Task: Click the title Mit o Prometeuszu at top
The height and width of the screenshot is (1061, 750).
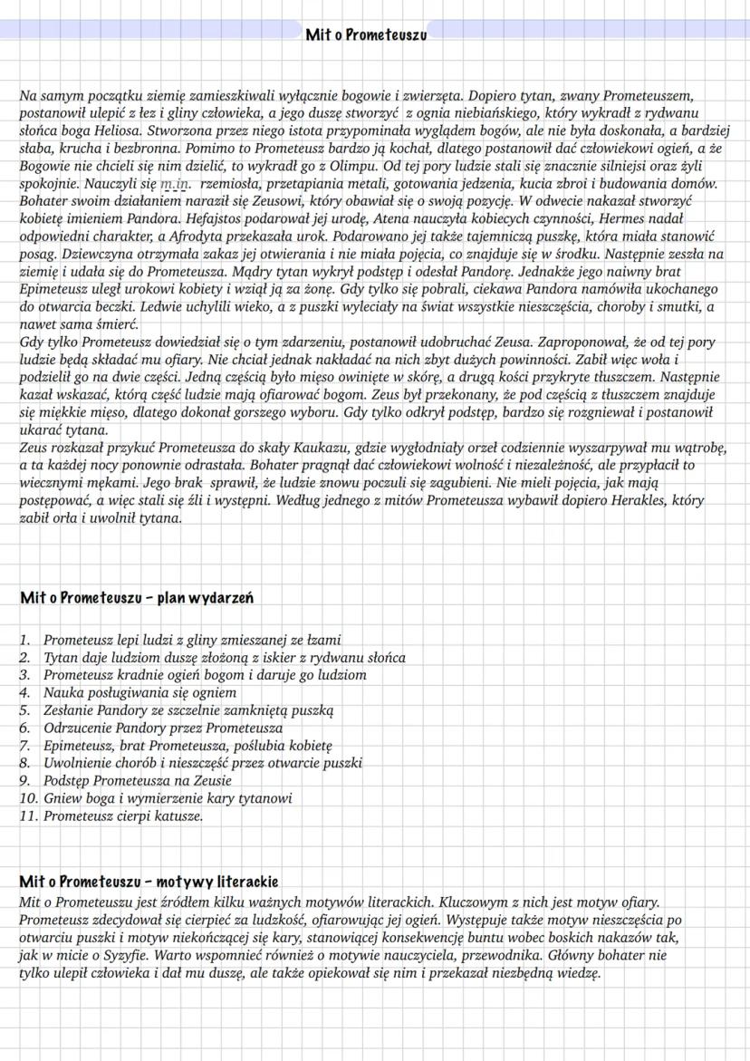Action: pos(366,35)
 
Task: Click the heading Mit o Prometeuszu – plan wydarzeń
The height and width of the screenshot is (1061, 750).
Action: pos(136,598)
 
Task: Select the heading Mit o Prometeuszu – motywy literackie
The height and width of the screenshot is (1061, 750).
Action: pos(149,881)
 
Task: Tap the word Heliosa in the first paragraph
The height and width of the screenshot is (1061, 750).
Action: pos(104,129)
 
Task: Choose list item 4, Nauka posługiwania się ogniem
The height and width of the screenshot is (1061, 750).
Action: pos(127,693)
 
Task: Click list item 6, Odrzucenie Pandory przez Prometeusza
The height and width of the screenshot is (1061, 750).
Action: pos(163,728)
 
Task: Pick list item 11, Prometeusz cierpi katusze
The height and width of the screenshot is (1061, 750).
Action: pos(123,816)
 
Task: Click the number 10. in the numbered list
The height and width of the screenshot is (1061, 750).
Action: pos(28,799)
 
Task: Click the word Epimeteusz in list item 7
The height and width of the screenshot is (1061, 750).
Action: pos(79,746)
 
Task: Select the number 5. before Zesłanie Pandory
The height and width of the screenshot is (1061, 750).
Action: pos(26,710)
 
